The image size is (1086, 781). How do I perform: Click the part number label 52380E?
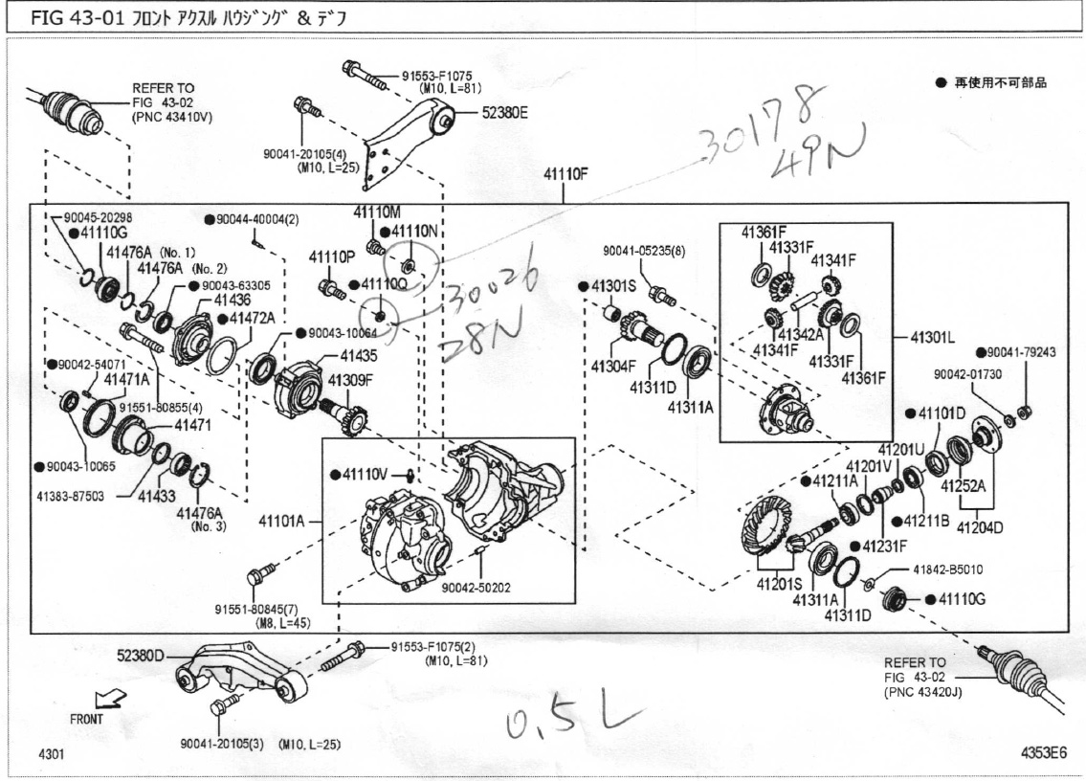[x=504, y=112]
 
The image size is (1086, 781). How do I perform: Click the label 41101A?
[x=282, y=523]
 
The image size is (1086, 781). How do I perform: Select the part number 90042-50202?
[x=476, y=587]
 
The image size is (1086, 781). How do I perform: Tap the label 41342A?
[x=802, y=335]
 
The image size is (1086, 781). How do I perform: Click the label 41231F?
[x=885, y=546]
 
